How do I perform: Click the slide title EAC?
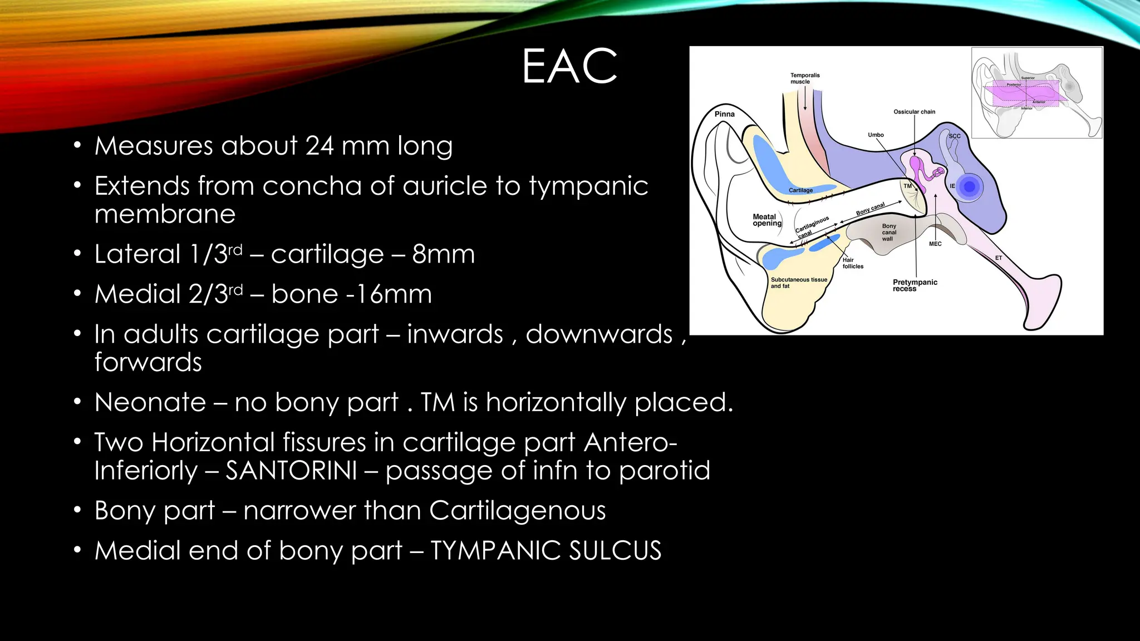[x=569, y=66]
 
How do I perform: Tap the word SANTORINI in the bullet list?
[x=291, y=471]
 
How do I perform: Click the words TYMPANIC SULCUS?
[x=546, y=551]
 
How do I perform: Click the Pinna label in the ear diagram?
[x=724, y=114]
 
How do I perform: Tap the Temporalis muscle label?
[x=804, y=78]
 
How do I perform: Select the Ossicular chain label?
[x=914, y=112]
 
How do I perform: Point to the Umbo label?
[x=876, y=135]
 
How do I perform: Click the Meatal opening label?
[x=766, y=220]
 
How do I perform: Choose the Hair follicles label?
[x=852, y=263]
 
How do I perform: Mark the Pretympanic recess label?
[x=915, y=285]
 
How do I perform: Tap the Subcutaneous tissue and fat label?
[x=798, y=283]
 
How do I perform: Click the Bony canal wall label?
[x=888, y=233]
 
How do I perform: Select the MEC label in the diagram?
[x=935, y=244]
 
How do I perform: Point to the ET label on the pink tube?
[x=999, y=258]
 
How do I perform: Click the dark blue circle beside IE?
[x=970, y=187]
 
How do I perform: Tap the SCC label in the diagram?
[x=954, y=136]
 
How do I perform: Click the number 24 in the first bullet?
[x=319, y=146]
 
